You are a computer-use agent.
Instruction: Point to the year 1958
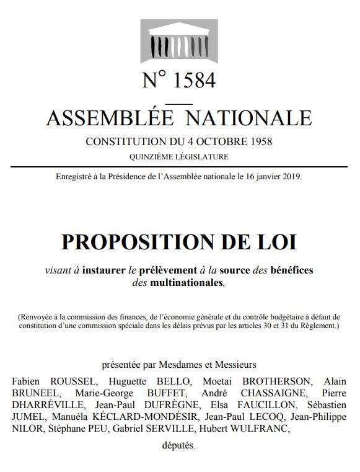[259, 141]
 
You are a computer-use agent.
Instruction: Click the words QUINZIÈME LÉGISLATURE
[179, 156]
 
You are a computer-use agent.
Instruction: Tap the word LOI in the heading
[278, 242]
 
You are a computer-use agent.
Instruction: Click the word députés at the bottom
[179, 446]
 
